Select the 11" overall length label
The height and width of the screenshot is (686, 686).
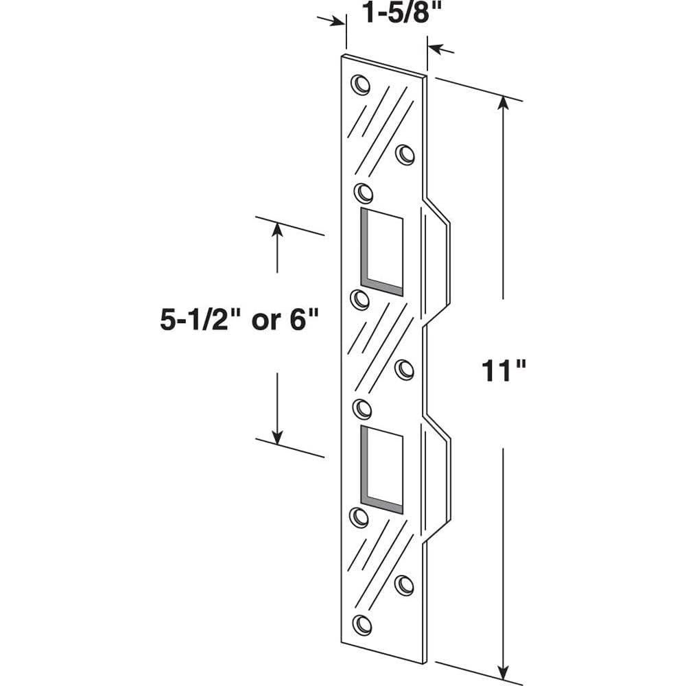coord(503,372)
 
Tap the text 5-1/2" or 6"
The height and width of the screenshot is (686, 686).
coord(241,320)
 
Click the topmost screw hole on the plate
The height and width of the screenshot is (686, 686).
coord(359,84)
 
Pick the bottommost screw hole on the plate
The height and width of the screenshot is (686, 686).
coord(362,624)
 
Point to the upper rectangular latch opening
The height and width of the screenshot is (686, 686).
coord(381,251)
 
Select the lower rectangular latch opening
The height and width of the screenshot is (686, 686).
coord(381,469)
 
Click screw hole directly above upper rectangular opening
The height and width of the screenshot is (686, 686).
coord(362,191)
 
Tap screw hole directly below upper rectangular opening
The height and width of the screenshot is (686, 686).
coord(360,299)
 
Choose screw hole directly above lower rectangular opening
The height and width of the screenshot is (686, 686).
coord(362,409)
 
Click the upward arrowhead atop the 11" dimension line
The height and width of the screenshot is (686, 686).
coord(504,103)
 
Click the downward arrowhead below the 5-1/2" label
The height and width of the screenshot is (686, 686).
coord(277,435)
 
